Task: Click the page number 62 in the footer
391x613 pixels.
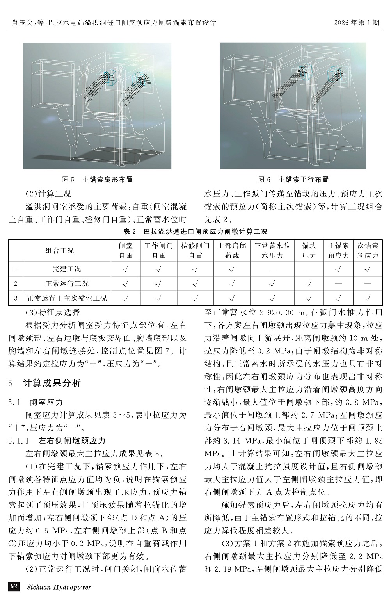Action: click(14, 586)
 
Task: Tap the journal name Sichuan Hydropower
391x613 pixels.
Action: click(59, 587)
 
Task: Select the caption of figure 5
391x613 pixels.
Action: click(98, 180)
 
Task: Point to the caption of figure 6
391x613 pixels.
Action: click(293, 180)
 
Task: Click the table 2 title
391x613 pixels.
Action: click(195, 232)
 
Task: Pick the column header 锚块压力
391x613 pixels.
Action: click(309, 251)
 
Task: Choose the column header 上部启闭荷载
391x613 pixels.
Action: click(232, 251)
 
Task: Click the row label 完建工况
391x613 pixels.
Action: click(67, 269)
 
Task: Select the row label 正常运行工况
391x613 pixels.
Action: click(67, 283)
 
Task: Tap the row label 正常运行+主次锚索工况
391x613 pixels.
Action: click(67, 298)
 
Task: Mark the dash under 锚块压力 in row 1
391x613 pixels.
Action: click(309, 269)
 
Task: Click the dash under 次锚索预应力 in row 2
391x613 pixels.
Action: click(368, 283)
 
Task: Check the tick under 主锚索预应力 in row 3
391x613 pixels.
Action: click(338, 298)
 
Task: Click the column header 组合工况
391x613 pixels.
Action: click(60, 251)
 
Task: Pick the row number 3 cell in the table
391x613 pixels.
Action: click(16, 298)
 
